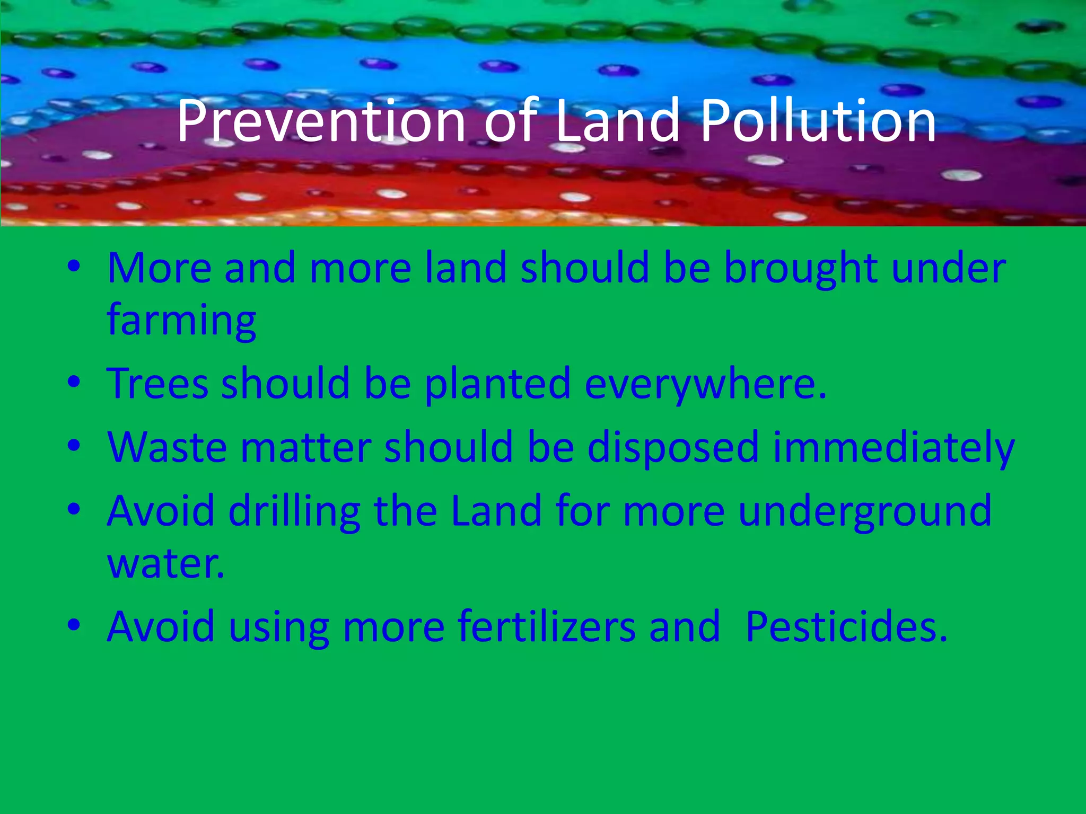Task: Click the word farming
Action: (182, 321)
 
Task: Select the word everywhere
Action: (705, 384)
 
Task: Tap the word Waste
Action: (167, 447)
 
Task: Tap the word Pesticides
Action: (846, 626)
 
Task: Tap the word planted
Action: (497, 384)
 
